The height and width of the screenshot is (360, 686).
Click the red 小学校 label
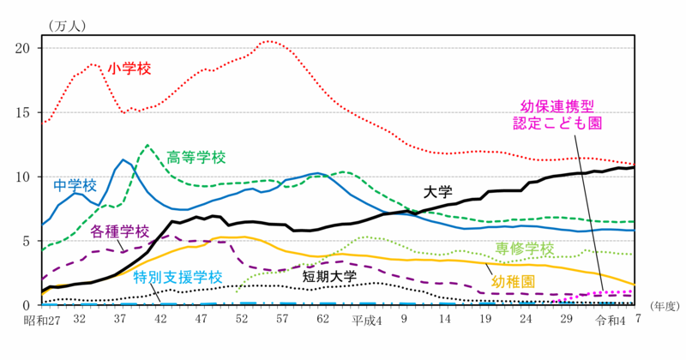[129, 69]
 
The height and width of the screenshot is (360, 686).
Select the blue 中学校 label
[75, 184]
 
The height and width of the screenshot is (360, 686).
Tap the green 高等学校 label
[196, 157]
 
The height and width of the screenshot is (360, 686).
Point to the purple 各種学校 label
[119, 231]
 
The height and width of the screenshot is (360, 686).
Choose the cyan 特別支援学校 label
[178, 277]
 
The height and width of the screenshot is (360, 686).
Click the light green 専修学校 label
[524, 249]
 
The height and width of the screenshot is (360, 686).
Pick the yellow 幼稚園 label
[514, 281]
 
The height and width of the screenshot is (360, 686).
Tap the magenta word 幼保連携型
[557, 105]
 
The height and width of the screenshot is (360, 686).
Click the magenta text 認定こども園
[557, 123]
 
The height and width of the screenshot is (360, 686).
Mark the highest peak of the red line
[272, 40]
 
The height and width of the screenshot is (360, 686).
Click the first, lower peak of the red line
[93, 64]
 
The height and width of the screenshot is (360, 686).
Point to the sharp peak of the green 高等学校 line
[147, 144]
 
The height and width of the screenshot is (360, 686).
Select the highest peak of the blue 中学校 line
[124, 159]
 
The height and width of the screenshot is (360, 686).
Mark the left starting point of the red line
[43, 123]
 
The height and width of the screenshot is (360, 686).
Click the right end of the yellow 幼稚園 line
[635, 285]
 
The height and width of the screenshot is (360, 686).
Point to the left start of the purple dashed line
[43, 279]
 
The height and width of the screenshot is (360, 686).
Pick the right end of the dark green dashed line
[633, 222]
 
